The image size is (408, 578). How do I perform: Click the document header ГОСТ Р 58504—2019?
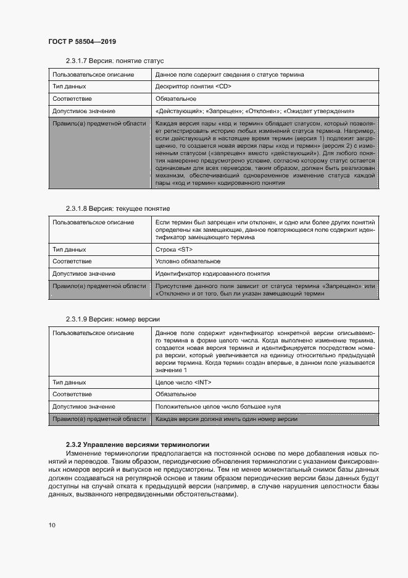point(82,41)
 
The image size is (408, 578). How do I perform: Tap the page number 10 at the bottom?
point(52,525)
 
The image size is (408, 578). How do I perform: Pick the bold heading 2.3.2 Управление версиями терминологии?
point(138,444)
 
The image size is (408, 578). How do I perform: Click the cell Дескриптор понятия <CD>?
point(193,87)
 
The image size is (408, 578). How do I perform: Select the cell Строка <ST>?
point(174,250)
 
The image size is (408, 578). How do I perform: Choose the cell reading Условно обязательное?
point(188,261)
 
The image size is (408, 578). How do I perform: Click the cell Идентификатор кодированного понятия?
point(212,273)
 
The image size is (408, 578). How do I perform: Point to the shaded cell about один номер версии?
point(227,419)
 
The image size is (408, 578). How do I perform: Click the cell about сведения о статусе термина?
point(230,75)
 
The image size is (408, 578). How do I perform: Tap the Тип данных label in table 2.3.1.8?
point(69,250)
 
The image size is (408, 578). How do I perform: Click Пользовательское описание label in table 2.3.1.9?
point(93,333)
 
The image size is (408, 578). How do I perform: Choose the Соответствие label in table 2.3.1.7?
point(72,99)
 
